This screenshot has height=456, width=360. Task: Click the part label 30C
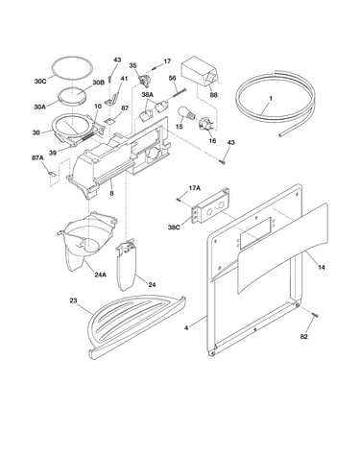point(40,81)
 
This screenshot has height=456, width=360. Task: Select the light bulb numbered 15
point(185,113)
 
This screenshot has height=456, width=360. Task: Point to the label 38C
point(174,228)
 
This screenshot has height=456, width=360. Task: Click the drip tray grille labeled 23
point(136,324)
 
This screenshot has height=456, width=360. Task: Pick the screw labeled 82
point(315,316)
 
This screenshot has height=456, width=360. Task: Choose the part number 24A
point(100,275)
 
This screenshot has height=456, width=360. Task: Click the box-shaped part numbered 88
point(200,72)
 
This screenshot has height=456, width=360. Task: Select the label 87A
point(37,157)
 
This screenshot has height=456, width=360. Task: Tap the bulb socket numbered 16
point(204,124)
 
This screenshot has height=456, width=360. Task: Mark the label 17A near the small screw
point(194,188)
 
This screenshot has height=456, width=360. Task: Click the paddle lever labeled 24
point(127,265)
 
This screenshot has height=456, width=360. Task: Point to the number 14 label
point(322,267)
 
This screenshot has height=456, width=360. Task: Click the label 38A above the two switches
point(148,95)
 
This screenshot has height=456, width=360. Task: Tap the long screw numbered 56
point(180,92)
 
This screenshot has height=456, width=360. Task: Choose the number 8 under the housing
point(111,193)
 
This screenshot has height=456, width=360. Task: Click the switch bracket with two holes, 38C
point(210,205)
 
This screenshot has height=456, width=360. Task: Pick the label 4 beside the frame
point(186,328)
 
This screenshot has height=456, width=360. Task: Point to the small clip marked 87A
point(52,174)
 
